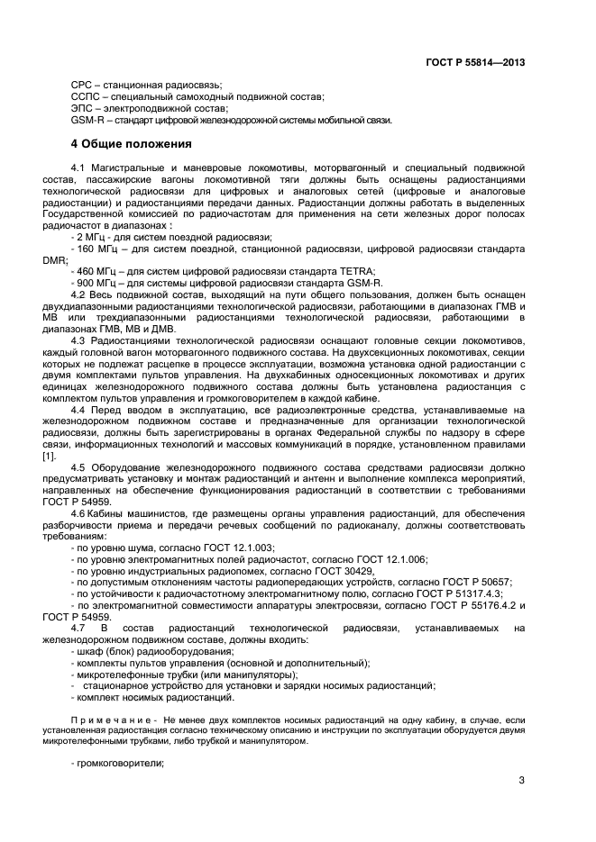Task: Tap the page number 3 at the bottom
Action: [x=521, y=781]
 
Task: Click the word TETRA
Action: [x=355, y=271]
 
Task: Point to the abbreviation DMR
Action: [x=82, y=259]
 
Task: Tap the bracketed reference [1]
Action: [x=77, y=456]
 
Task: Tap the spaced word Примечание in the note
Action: [x=109, y=720]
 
